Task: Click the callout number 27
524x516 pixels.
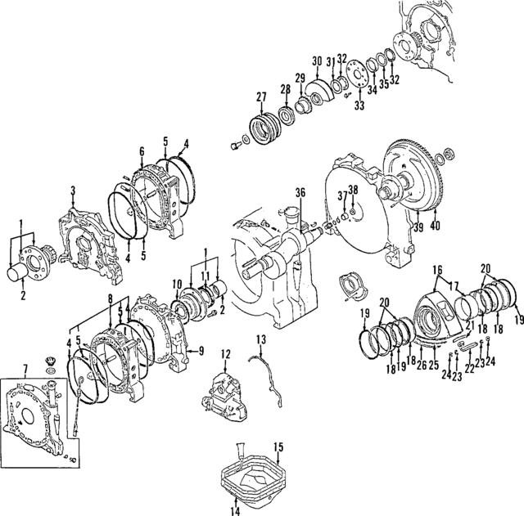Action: coord(261,97)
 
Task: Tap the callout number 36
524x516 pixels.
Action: coord(300,193)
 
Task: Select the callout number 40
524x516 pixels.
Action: coord(435,226)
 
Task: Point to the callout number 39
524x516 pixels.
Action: coord(418,226)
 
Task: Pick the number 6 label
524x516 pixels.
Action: coord(142,150)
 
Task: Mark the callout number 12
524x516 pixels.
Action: coord(223,353)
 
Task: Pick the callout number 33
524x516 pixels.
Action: coord(359,105)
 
